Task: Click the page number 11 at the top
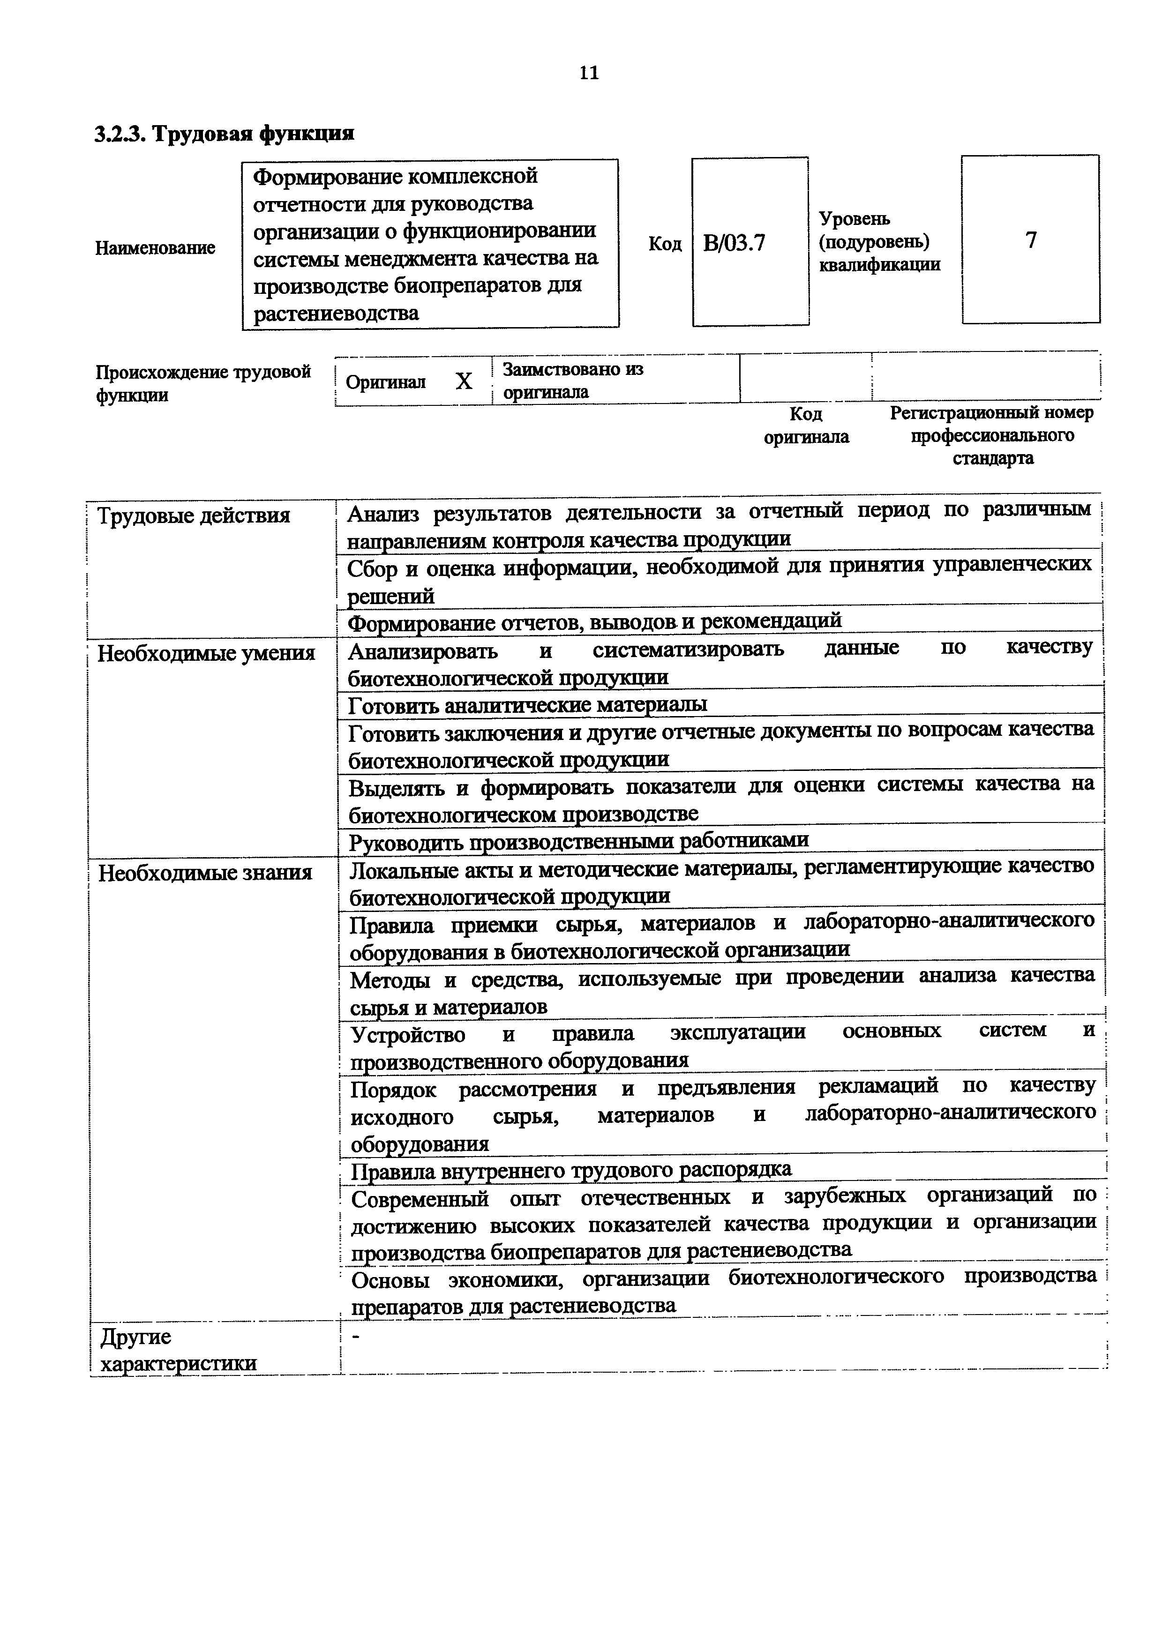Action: [x=589, y=73]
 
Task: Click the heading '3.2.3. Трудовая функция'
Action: [x=224, y=134]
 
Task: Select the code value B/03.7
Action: [x=734, y=243]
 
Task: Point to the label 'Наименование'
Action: [x=155, y=248]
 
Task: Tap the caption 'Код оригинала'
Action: [x=806, y=426]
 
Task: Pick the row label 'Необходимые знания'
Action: [x=205, y=873]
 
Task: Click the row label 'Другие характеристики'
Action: [x=178, y=1350]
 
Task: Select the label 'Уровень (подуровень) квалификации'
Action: [x=879, y=242]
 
